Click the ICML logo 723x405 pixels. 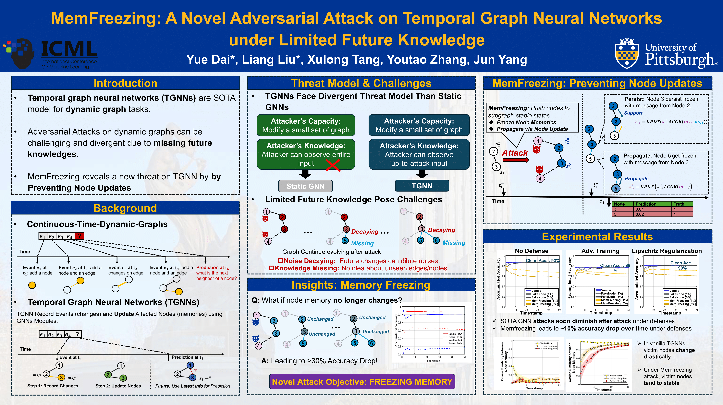click(51, 53)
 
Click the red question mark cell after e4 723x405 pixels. click(79, 236)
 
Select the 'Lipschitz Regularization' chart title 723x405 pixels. click(667, 251)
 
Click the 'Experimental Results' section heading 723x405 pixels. click(597, 237)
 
